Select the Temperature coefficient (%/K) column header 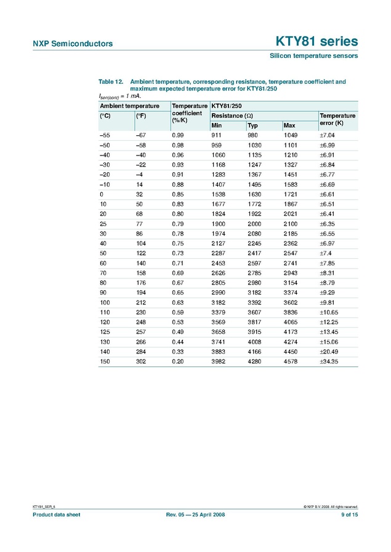(x=189, y=114)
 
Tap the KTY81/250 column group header (x=227, y=106)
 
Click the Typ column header (x=252, y=125)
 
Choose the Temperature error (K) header (x=337, y=119)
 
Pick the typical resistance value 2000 (x=254, y=224)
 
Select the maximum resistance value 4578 (x=290, y=362)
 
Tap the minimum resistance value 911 (x=216, y=135)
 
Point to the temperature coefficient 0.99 (x=178, y=135)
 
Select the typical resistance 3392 (x=254, y=303)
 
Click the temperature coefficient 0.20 (x=178, y=362)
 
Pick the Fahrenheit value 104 (x=140, y=244)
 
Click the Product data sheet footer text (x=56, y=515)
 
